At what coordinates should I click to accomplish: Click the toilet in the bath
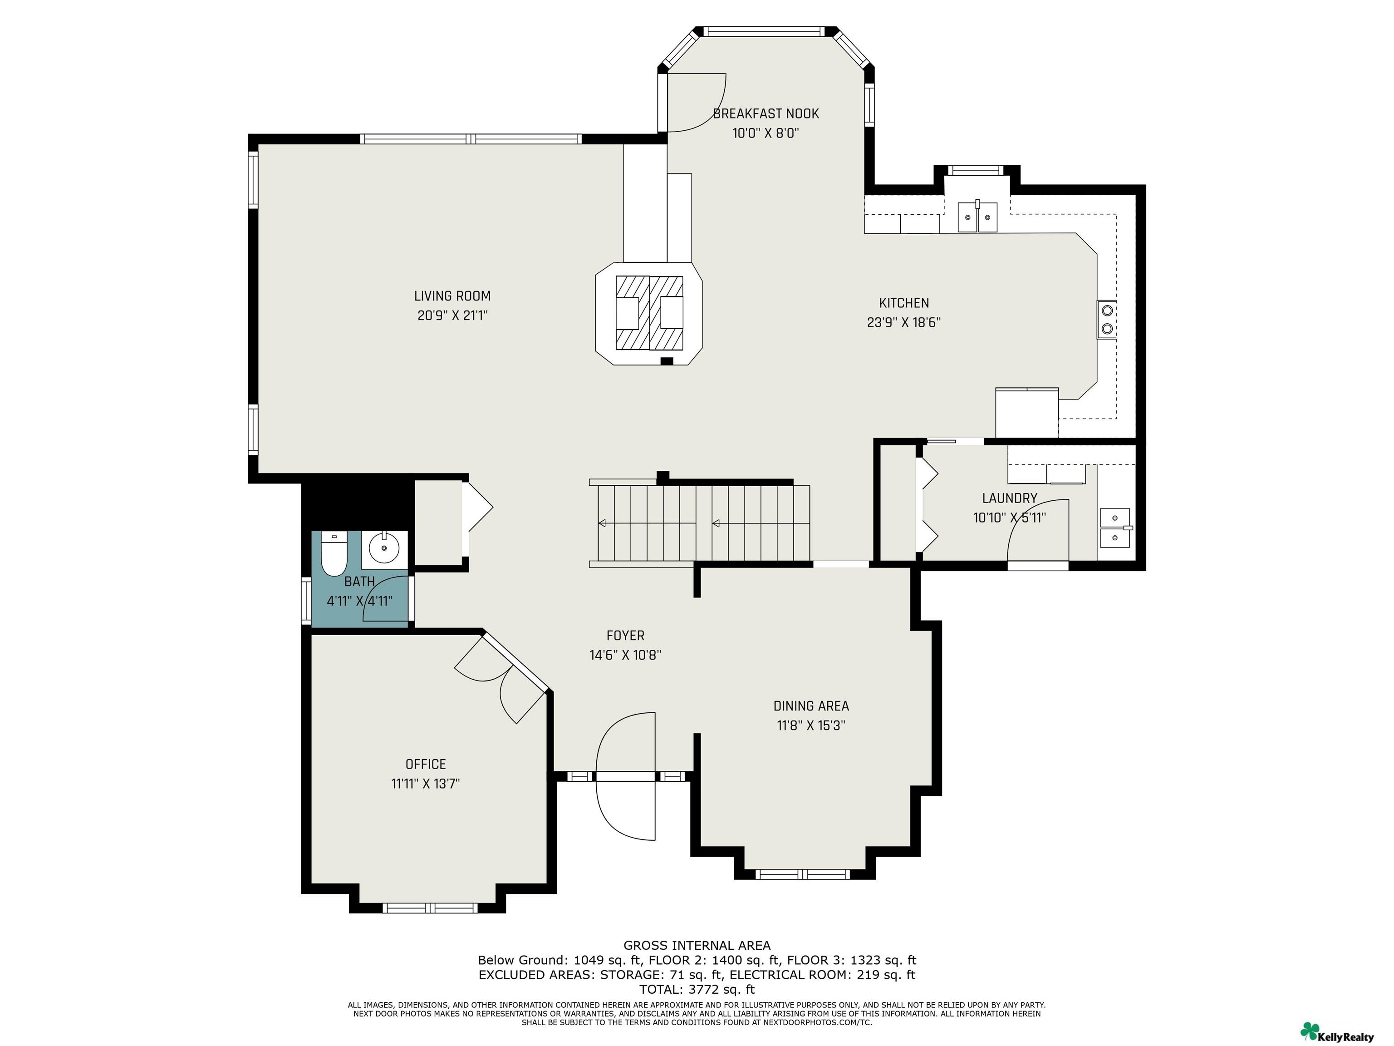[334, 554]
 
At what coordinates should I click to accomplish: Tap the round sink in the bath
[384, 548]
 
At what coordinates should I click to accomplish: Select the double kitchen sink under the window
[977, 216]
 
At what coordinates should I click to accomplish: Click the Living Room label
[452, 296]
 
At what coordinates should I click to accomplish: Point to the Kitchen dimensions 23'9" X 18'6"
[904, 322]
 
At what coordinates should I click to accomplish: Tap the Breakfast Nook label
[766, 113]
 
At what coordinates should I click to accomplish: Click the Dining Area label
[811, 706]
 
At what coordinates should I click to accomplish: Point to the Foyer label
[625, 636]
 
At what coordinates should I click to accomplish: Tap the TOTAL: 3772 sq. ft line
[697, 989]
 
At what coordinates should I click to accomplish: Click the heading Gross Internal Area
[697, 945]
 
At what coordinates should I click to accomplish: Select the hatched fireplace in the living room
[649, 313]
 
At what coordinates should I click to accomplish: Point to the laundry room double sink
[1115, 528]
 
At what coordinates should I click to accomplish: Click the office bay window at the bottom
[430, 908]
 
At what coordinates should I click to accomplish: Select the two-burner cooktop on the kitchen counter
[1107, 320]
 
